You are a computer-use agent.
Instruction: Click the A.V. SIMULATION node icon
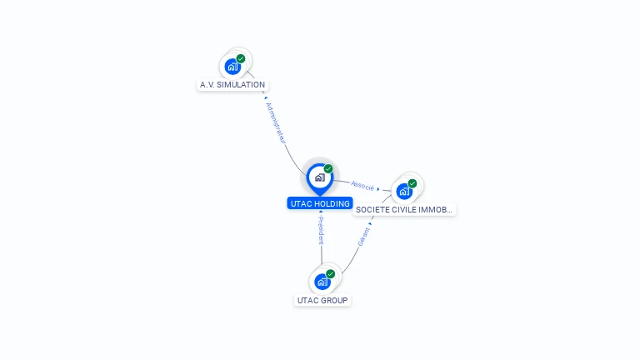click(x=232, y=67)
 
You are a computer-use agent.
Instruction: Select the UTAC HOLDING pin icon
click(x=319, y=177)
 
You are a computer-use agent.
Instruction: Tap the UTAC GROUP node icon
click(x=322, y=282)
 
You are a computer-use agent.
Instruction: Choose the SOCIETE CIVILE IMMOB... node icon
click(x=404, y=192)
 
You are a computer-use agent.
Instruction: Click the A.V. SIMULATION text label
click(x=232, y=85)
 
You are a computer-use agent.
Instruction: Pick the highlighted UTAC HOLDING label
click(x=321, y=203)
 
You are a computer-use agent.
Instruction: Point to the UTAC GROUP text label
click(x=322, y=300)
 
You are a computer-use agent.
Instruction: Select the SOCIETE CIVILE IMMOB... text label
click(x=404, y=210)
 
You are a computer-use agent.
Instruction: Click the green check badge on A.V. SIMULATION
click(x=241, y=59)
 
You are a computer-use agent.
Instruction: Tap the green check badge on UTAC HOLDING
click(x=328, y=169)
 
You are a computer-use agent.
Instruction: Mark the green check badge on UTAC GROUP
click(x=331, y=274)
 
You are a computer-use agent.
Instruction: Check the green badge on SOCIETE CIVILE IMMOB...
click(x=412, y=184)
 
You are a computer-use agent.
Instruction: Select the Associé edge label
click(x=362, y=185)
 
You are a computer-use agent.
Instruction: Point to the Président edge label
click(x=321, y=231)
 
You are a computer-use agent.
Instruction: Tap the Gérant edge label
click(x=363, y=237)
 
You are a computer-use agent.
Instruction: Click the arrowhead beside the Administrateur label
click(x=265, y=97)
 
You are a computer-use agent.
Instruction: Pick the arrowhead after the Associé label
click(x=378, y=189)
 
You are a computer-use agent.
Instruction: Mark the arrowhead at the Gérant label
click(x=370, y=222)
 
